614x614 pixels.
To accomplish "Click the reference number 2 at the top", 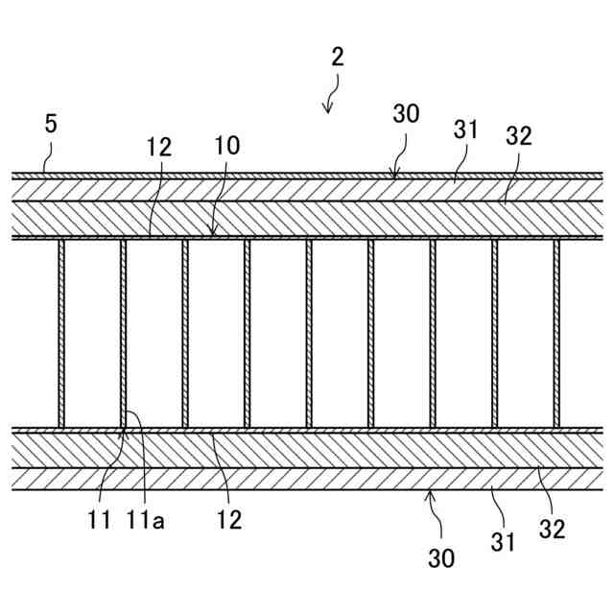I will pyautogui.click(x=337, y=56).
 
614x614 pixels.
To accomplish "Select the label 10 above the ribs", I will pyautogui.click(x=227, y=146).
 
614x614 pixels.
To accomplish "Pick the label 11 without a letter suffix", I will pyautogui.click(x=100, y=521).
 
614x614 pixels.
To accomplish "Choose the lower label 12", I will pyautogui.click(x=228, y=521).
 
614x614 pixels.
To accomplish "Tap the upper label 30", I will pyautogui.click(x=406, y=113).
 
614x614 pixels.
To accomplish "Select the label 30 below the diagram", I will pyautogui.click(x=441, y=557).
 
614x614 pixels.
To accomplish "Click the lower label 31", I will pyautogui.click(x=503, y=542).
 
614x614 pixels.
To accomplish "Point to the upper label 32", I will pyautogui.click(x=518, y=136).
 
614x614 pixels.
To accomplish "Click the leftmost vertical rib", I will pyautogui.click(x=61, y=333).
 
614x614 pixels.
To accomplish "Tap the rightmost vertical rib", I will pyautogui.click(x=556, y=333).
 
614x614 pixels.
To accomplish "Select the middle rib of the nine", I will pyautogui.click(x=309, y=333).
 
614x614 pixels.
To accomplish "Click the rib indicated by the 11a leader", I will pyautogui.click(x=123, y=333).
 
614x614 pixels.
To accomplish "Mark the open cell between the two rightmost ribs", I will pyautogui.click(x=526, y=333).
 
